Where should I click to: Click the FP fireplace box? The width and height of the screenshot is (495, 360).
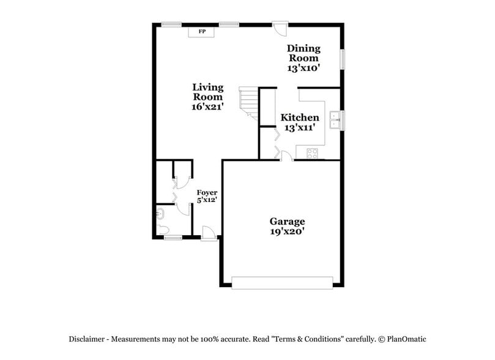pyautogui.click(x=201, y=31)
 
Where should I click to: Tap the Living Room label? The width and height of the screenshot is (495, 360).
pyautogui.click(x=208, y=92)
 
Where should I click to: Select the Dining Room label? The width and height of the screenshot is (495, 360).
pyautogui.click(x=303, y=53)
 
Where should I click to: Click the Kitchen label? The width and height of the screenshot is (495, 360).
pyautogui.click(x=299, y=118)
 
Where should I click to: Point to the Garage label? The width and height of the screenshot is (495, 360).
pyautogui.click(x=287, y=221)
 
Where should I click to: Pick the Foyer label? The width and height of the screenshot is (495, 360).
pyautogui.click(x=207, y=193)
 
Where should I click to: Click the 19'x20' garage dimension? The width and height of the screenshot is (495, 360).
pyautogui.click(x=287, y=231)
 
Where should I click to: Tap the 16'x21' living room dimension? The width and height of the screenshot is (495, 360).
pyautogui.click(x=208, y=106)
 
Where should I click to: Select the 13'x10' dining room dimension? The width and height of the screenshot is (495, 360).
pyautogui.click(x=304, y=68)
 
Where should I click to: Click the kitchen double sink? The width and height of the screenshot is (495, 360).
pyautogui.click(x=334, y=120)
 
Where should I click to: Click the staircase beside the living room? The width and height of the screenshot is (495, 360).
pyautogui.click(x=248, y=101)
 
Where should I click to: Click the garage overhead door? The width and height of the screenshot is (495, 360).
pyautogui.click(x=282, y=282)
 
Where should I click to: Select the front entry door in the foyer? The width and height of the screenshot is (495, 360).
pyautogui.click(x=209, y=233)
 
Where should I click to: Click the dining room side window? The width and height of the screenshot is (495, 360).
pyautogui.click(x=342, y=59)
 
